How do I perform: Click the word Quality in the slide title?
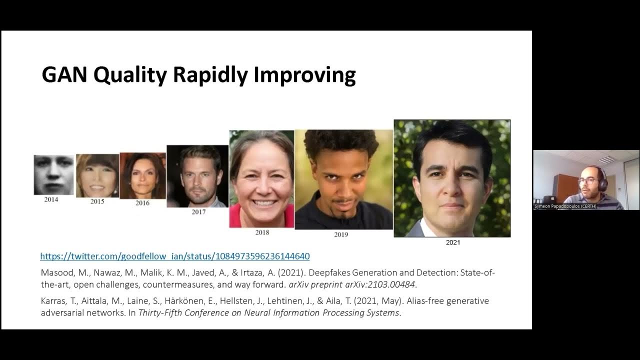coord(131,75)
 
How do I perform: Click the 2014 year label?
coord(50,199)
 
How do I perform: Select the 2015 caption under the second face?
coord(97,201)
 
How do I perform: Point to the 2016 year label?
coord(142,203)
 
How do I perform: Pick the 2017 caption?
coord(198,211)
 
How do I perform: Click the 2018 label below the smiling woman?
coord(262,232)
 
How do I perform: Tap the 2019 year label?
coord(341,234)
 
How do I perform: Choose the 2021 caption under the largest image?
coord(452,242)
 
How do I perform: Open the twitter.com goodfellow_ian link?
coord(175,256)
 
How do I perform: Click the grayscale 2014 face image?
coord(53,174)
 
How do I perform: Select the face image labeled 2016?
coord(142,175)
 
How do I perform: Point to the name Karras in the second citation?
coord(53,301)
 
